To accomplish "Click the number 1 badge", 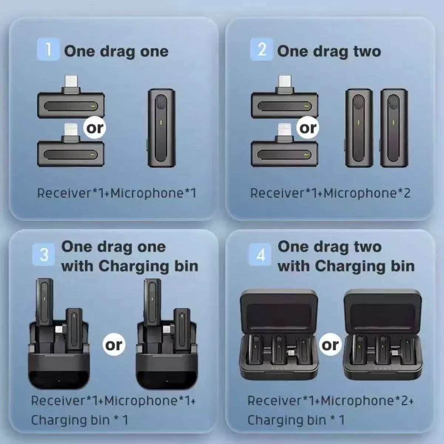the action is [48, 50].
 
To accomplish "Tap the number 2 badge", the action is [262, 50].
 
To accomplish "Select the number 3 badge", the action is [44, 255].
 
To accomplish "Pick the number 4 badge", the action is [260, 255].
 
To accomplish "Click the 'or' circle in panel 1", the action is [95, 128].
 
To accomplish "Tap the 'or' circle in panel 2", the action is [308, 128].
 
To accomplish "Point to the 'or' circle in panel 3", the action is [114, 345].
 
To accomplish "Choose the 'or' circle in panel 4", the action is [330, 345].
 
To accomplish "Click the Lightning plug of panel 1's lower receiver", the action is [71, 132].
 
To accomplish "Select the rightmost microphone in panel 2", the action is [394, 128].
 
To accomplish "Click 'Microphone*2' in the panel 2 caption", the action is [367, 193].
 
